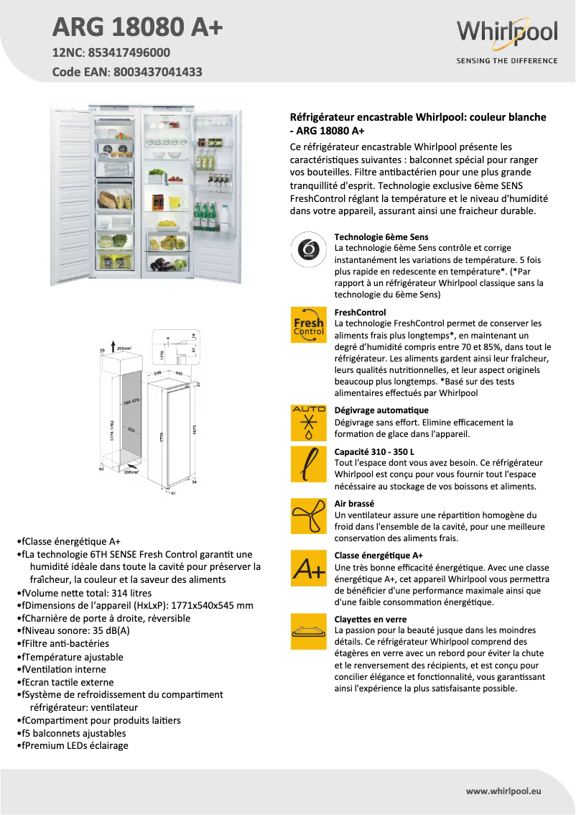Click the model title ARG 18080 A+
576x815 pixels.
[x=138, y=27]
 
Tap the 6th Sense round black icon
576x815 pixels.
[x=308, y=250]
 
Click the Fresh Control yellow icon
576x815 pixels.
[x=308, y=326]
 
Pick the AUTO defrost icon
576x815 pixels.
[x=308, y=423]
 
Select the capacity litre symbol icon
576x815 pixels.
[x=308, y=464]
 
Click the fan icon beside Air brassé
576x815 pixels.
[x=308, y=515]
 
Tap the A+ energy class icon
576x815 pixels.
[x=308, y=568]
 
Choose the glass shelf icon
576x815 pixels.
[x=308, y=632]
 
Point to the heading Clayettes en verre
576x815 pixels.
[x=371, y=620]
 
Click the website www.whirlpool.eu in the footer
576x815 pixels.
[x=503, y=791]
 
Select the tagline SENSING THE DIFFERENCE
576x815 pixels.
[x=506, y=61]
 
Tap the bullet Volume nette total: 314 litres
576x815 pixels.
[x=87, y=593]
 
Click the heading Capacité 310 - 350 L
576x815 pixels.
[x=374, y=452]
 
